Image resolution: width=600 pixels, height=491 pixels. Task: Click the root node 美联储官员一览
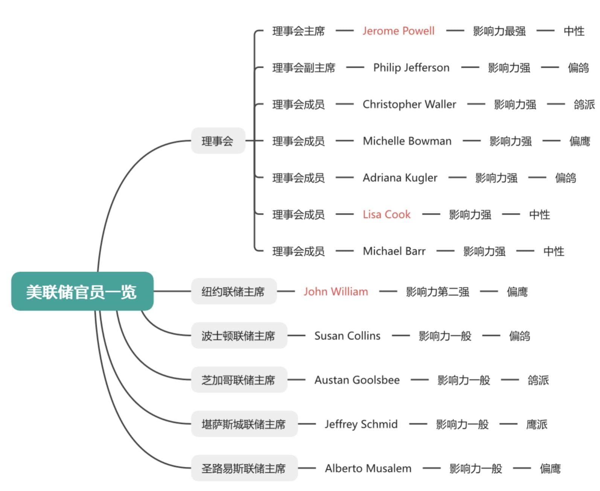click(82, 291)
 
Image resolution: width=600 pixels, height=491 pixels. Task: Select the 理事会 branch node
click(218, 141)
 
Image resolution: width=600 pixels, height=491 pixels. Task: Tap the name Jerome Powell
click(398, 31)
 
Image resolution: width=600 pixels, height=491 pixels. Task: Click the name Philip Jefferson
click(411, 68)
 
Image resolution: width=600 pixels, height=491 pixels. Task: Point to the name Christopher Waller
click(409, 104)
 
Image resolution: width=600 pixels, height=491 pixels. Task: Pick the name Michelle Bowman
click(407, 141)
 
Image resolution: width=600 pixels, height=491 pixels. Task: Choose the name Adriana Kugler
click(400, 178)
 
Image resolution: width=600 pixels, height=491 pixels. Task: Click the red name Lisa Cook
click(387, 215)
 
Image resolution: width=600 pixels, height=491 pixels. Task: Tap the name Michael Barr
click(394, 251)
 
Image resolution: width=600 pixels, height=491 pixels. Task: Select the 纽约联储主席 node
click(233, 291)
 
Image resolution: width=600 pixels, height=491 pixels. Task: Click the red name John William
click(336, 291)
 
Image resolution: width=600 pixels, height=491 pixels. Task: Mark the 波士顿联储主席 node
click(239, 335)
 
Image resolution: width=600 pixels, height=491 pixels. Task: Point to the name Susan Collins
click(347, 335)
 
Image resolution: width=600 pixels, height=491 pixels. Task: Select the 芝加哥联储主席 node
click(239, 380)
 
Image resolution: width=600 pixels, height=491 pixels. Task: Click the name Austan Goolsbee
click(357, 380)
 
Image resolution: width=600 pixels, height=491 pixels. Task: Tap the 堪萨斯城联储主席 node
click(244, 424)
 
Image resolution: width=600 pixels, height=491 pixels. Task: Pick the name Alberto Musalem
click(368, 468)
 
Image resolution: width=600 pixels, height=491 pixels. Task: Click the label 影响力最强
click(499, 31)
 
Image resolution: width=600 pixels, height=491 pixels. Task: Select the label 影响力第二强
click(437, 291)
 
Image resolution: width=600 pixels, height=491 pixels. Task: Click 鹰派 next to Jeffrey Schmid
click(536, 424)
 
